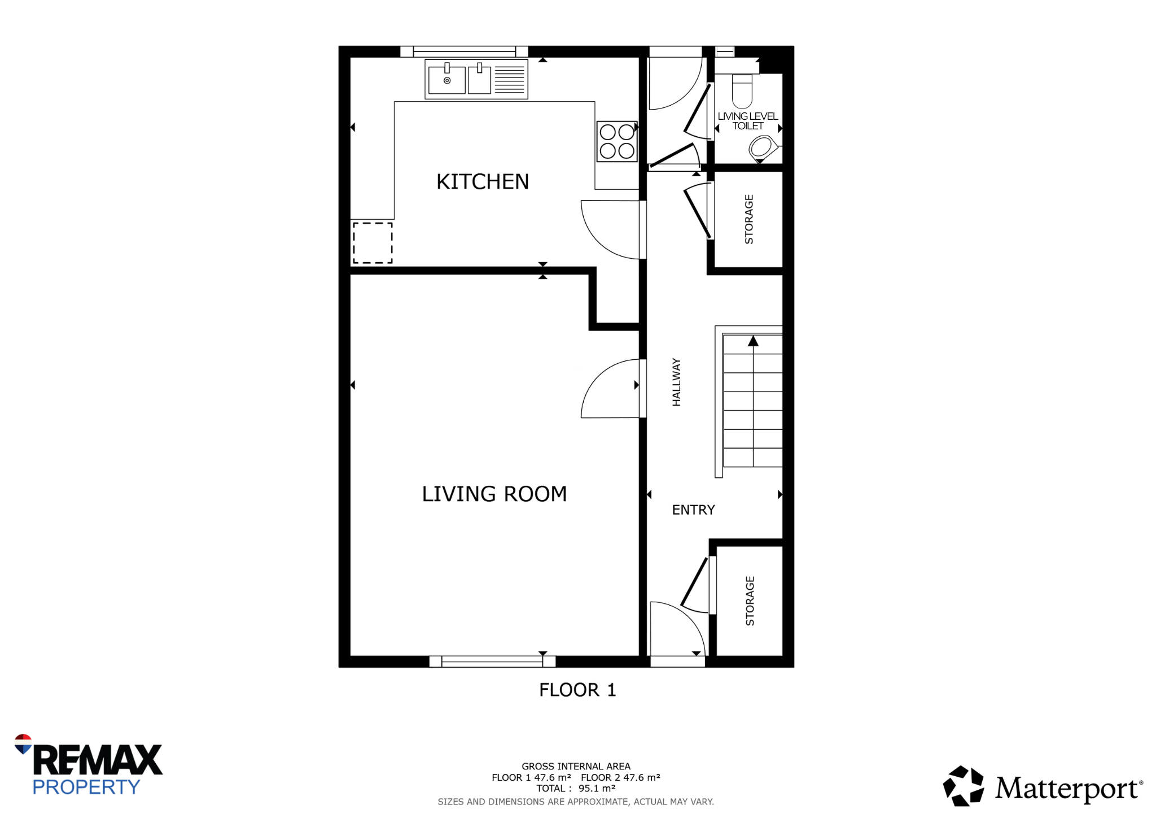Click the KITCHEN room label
coord(483,182)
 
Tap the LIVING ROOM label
coord(494,494)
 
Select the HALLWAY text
coord(677,382)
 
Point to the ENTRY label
coord(693,510)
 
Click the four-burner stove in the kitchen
coord(617,141)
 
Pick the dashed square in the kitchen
coord(373,243)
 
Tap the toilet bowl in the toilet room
coord(742,92)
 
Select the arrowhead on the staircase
coord(753,341)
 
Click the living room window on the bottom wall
coord(492,662)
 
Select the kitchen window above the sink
coord(464,52)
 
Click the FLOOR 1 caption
coord(577,690)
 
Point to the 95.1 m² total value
coord(597,789)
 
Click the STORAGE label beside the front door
coord(750,601)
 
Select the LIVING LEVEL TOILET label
coord(748,121)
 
